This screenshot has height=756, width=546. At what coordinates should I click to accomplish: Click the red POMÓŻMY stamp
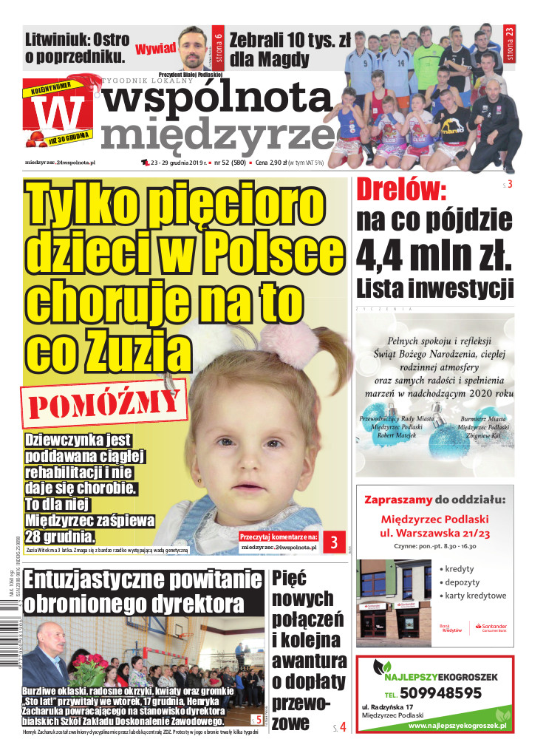(x=105, y=403)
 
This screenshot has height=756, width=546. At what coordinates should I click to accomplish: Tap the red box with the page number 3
(x=334, y=542)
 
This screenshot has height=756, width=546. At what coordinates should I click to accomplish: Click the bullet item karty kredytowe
(x=475, y=596)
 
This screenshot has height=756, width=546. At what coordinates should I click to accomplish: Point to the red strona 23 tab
(x=508, y=43)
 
